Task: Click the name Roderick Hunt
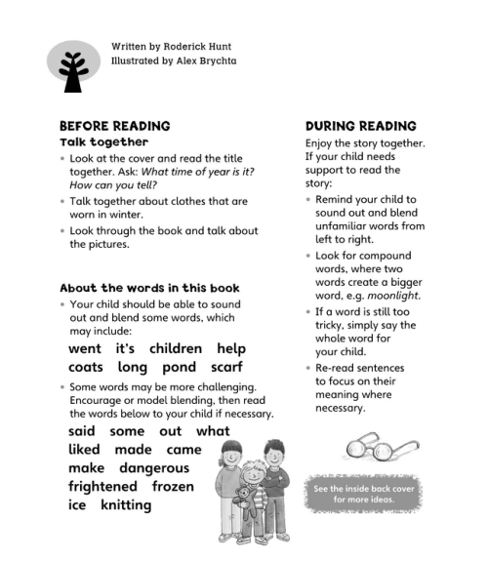(x=202, y=46)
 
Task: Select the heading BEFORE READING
(x=115, y=126)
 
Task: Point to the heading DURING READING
(x=361, y=126)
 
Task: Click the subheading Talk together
(x=104, y=142)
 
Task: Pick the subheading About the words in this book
(x=149, y=288)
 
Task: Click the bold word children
(x=176, y=348)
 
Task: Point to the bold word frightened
(x=103, y=486)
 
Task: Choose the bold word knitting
(x=126, y=505)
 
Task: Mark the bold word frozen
(x=174, y=486)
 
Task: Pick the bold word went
(x=85, y=348)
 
